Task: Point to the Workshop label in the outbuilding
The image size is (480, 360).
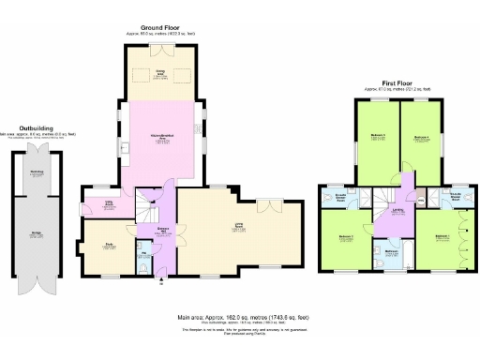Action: click(37, 172)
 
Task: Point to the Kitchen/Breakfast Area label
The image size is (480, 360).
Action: click(161, 141)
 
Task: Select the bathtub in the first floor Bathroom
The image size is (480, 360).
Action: click(389, 256)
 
